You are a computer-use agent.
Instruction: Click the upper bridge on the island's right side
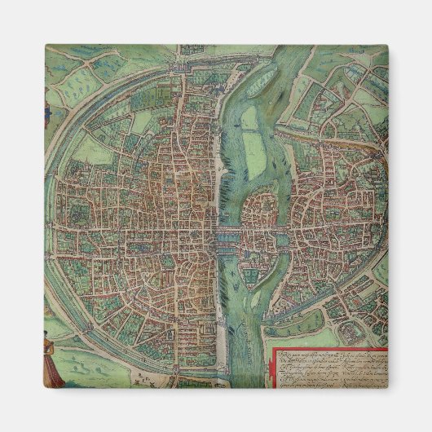pyautogui.click(x=284, y=232)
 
